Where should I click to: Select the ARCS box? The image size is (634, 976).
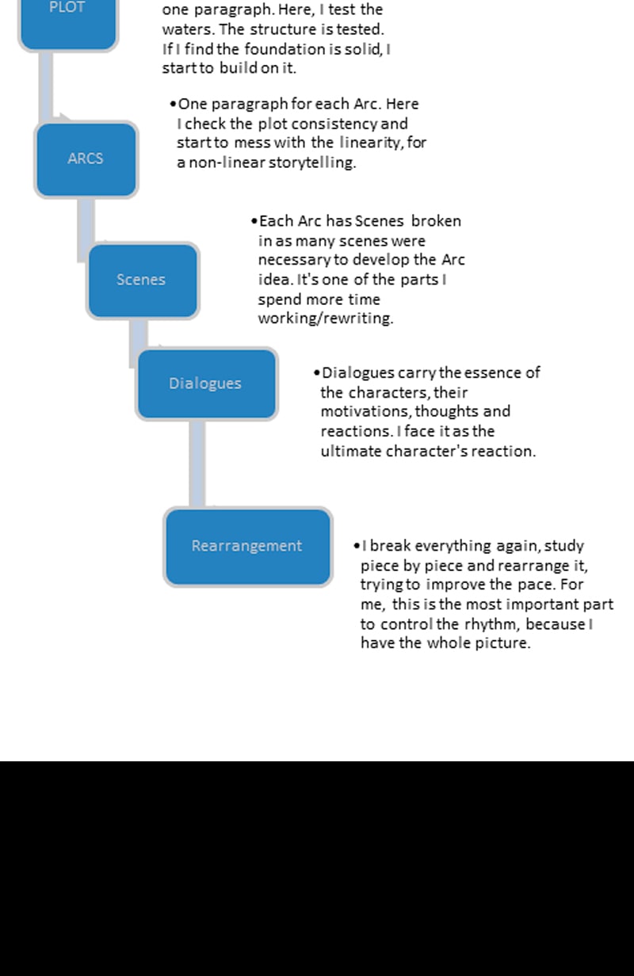pos(86,158)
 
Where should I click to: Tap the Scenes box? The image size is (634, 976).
pos(142,280)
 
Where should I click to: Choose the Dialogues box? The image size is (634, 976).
pos(206,383)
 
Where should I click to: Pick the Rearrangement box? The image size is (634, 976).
pos(247,547)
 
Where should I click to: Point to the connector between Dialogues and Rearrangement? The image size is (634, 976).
pos(197,463)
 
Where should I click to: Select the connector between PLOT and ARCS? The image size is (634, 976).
pos(47,87)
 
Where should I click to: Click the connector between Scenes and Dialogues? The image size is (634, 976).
pos(138,341)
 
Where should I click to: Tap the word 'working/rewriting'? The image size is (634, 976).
pos(325,318)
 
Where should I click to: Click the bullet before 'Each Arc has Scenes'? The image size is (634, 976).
pos(254,222)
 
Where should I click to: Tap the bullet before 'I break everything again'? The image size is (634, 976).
pos(357,547)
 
